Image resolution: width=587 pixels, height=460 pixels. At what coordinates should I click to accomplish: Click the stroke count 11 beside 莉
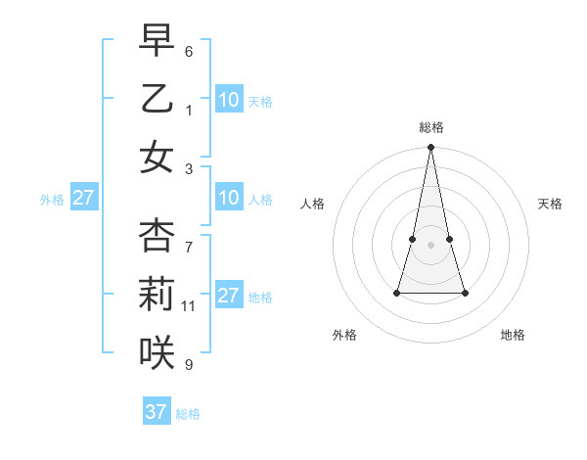[x=189, y=306]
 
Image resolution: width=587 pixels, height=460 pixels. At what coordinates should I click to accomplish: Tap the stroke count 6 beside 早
[x=189, y=51]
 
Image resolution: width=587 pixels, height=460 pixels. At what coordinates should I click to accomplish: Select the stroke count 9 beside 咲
[x=189, y=365]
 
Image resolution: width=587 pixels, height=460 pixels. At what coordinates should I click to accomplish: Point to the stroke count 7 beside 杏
[x=189, y=238]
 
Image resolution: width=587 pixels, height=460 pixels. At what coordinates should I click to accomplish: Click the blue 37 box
[x=156, y=412]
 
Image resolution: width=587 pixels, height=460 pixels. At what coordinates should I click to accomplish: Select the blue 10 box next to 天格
[x=229, y=100]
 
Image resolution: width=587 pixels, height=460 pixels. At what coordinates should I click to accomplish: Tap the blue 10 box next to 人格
[x=229, y=199]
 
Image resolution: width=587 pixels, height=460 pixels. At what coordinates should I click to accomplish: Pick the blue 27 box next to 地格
[x=229, y=296]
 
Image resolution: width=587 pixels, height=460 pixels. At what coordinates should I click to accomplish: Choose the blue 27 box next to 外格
[x=83, y=199]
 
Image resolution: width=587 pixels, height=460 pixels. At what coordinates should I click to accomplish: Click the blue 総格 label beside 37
[x=188, y=413]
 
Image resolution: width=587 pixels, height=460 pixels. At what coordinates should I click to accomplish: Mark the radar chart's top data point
[x=430, y=148]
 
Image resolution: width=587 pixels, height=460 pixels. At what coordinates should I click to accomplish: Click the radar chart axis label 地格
[x=513, y=335]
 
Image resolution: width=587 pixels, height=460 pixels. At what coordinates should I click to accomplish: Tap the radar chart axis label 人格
[x=313, y=204]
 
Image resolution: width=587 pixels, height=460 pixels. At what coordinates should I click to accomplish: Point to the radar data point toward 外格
[x=397, y=293]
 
